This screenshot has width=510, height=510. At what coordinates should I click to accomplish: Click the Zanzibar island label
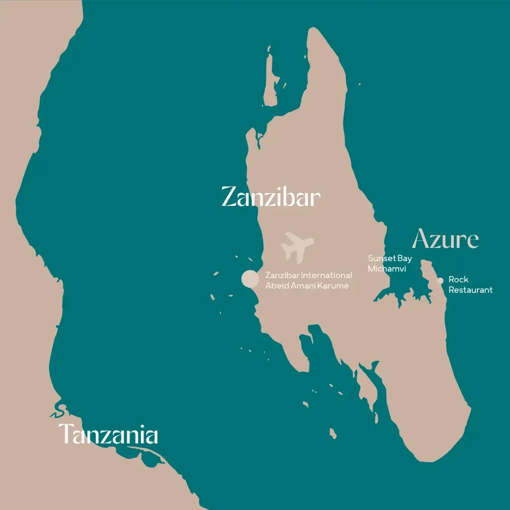[x=271, y=197]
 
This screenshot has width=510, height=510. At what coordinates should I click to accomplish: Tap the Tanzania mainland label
[x=108, y=434]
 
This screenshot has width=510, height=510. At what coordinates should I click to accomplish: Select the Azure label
[x=445, y=240]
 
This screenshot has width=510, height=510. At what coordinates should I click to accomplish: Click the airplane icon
[x=297, y=247]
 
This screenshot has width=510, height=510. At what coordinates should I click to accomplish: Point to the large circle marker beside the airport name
[x=250, y=279]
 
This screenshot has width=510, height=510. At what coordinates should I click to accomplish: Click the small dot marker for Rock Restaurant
[x=440, y=280]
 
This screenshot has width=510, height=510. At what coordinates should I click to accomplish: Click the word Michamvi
[x=387, y=269]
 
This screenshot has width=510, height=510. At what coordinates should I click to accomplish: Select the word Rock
[x=458, y=280]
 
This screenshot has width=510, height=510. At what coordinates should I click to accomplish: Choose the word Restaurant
[x=470, y=290]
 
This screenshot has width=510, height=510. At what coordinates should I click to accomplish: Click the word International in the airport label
[x=326, y=275]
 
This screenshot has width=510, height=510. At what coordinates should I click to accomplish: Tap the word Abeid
[x=277, y=286]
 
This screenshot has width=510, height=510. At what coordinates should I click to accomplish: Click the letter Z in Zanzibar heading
[x=229, y=197]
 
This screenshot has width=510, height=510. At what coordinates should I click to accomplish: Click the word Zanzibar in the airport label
[x=282, y=275]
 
